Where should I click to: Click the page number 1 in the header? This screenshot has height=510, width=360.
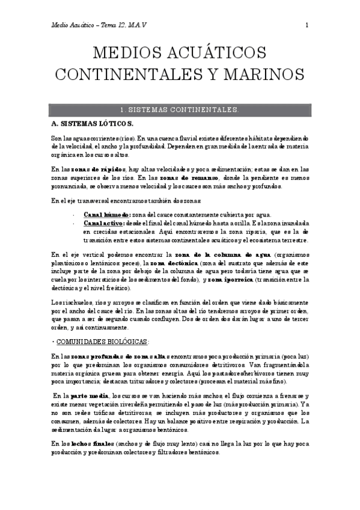coord(307,25)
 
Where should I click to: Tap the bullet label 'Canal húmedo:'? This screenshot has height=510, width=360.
coord(105,215)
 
